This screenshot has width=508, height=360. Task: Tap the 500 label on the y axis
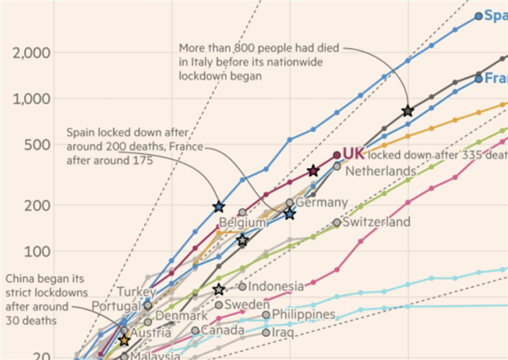point(39,145)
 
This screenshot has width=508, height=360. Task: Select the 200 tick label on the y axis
point(39,206)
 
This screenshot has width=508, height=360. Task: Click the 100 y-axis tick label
point(39,252)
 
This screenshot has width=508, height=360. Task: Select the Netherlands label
point(380,171)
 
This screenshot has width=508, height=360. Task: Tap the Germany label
point(321,202)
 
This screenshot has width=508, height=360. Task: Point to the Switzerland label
point(376,222)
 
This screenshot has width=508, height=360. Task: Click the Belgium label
point(243,222)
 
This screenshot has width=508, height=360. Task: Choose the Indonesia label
point(276,286)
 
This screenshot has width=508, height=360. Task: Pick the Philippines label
point(304,314)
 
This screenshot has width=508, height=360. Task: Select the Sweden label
point(247,304)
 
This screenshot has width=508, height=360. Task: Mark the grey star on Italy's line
point(407,111)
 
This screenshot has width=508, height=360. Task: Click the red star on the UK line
point(313,171)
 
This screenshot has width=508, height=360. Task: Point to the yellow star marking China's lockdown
point(124,339)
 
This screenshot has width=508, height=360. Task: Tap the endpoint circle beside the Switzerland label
point(337,222)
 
